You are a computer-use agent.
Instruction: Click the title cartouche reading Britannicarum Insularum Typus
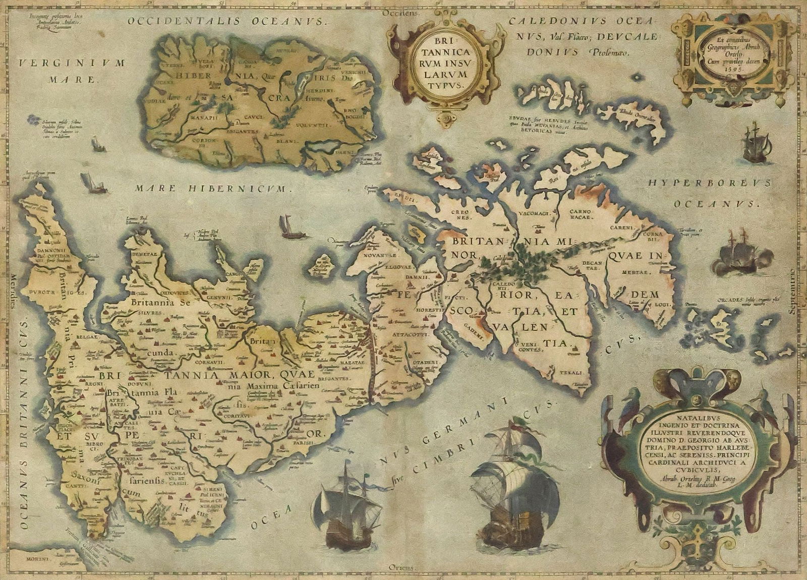[x=438, y=64]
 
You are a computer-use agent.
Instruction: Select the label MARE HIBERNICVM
[x=214, y=189]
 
